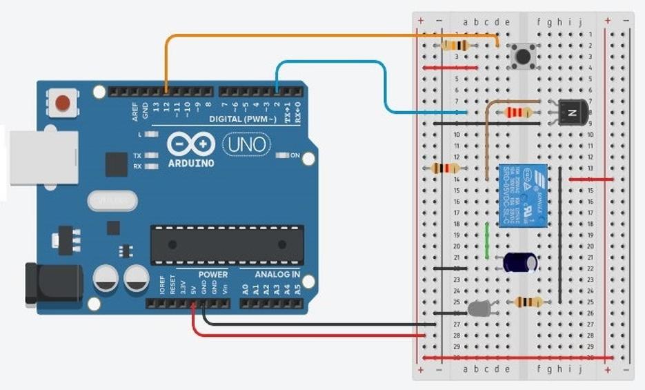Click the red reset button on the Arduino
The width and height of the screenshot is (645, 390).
[x=63, y=104]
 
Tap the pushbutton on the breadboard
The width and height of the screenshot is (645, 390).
[x=523, y=56]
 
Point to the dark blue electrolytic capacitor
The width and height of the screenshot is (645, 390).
[x=521, y=262]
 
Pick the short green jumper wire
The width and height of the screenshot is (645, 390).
[x=487, y=241]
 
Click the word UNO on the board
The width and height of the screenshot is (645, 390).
[x=247, y=144]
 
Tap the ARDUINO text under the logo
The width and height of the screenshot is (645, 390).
[x=191, y=164]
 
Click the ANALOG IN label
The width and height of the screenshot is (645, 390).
[x=277, y=274]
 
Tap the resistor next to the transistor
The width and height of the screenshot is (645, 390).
[x=518, y=112]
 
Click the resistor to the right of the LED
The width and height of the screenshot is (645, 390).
[x=532, y=301]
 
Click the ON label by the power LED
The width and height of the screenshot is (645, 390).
[x=295, y=155]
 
